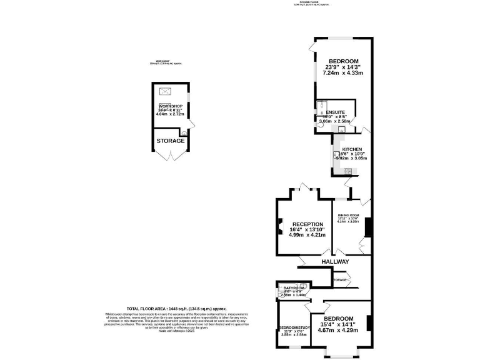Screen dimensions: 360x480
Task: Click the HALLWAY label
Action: click(x=336, y=261)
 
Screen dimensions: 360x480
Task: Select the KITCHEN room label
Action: click(x=352, y=149)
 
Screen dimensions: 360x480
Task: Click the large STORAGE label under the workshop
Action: click(x=171, y=141)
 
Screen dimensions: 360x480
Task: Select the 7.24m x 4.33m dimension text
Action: click(x=342, y=73)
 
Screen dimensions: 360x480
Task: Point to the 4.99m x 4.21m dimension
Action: click(x=307, y=235)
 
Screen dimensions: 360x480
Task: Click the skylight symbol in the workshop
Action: click(x=166, y=93)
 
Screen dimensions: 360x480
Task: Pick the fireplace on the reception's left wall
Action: click(x=279, y=229)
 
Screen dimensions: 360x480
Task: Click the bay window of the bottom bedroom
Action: click(x=341, y=354)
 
